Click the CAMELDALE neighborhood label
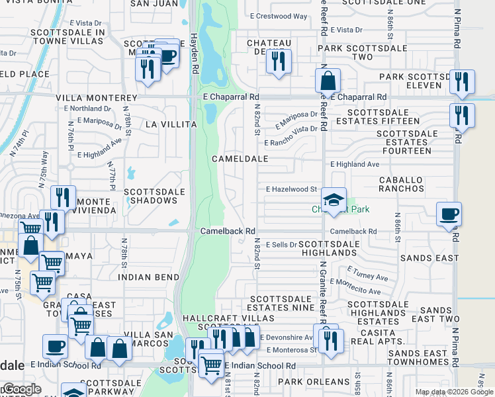[x=240, y=159]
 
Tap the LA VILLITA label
[x=171, y=124]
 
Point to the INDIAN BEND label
[x=149, y=277]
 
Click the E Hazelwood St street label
[x=291, y=189]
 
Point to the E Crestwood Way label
[x=279, y=16]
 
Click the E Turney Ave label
[x=368, y=274]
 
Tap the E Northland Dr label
[x=89, y=109]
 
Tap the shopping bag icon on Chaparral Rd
[x=328, y=81]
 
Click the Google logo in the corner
[x=21, y=389]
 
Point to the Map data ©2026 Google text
[x=453, y=392]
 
